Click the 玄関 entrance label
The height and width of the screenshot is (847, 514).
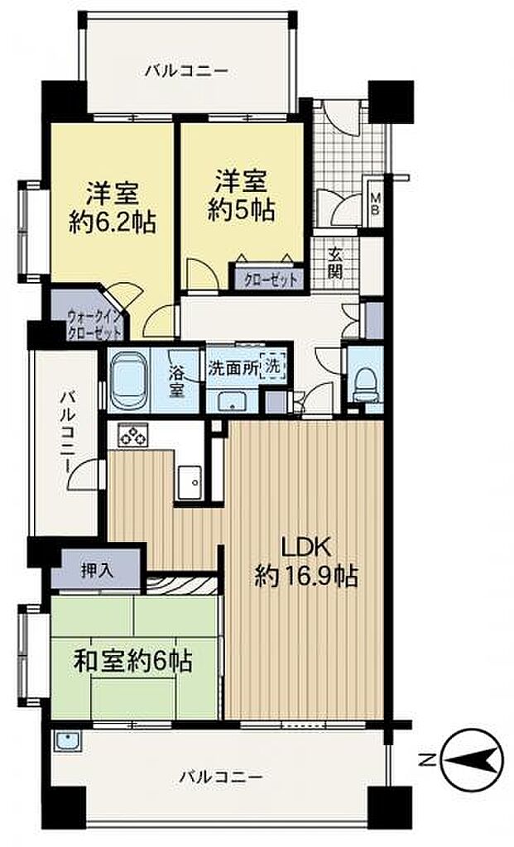point(335,263)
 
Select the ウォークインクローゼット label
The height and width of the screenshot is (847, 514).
point(94,324)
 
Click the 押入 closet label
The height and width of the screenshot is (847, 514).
point(98,570)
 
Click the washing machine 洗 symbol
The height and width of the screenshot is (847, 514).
point(273,366)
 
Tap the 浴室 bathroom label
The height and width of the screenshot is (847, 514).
point(177,381)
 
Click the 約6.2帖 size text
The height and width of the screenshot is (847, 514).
point(113,222)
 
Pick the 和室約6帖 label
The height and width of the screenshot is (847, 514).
point(133,660)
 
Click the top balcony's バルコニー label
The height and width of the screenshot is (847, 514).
point(187,71)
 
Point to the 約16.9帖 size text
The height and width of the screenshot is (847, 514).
point(306,577)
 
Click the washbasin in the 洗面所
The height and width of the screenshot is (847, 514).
point(232,401)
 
